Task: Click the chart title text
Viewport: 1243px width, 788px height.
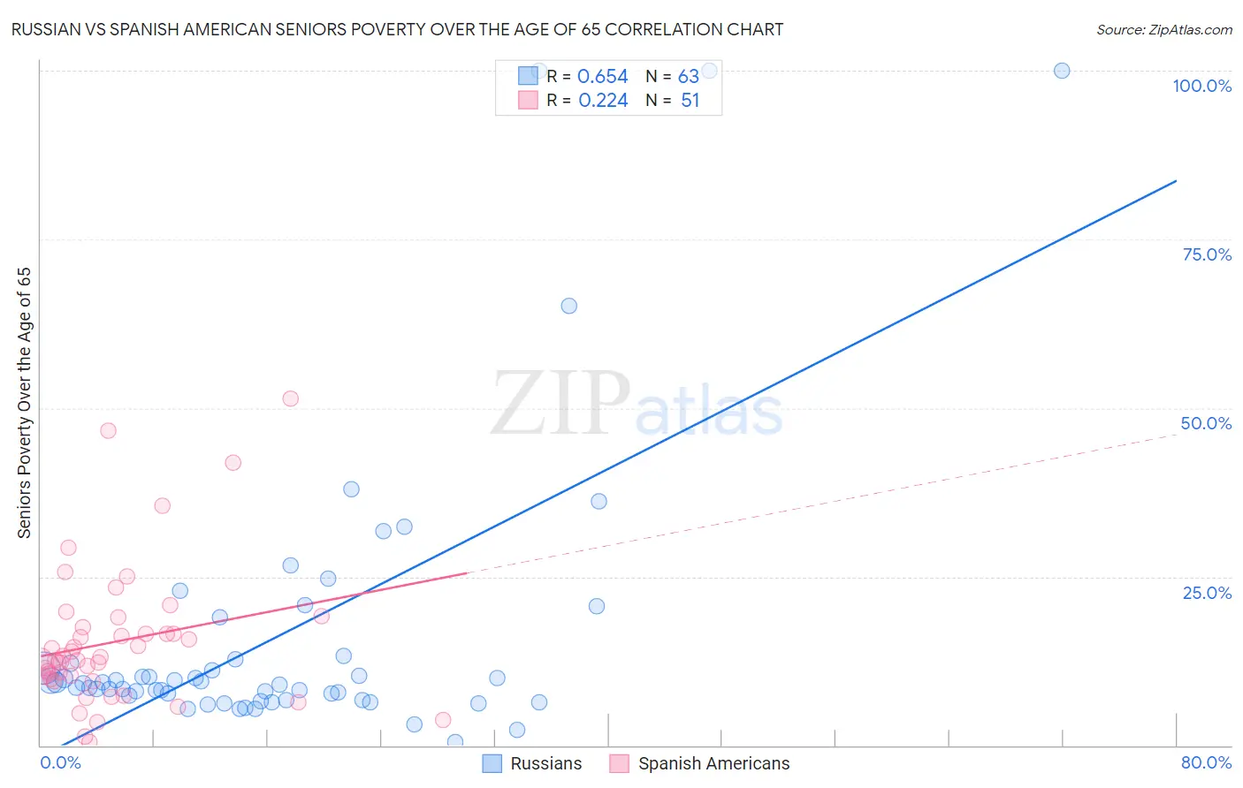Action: pyautogui.click(x=397, y=29)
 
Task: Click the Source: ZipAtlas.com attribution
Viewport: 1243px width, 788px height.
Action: pyautogui.click(x=1163, y=29)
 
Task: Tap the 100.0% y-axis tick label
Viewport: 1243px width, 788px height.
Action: pyautogui.click(x=1201, y=86)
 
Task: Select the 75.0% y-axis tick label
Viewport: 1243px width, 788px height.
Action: pyautogui.click(x=1207, y=254)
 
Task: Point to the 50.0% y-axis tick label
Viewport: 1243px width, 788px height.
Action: pyautogui.click(x=1206, y=423)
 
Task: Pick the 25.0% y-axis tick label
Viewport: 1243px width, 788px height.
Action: pyautogui.click(x=1207, y=593)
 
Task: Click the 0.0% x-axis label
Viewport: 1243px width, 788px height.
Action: pyautogui.click(x=61, y=762)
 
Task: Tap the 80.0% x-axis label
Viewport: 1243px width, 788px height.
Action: pyautogui.click(x=1206, y=762)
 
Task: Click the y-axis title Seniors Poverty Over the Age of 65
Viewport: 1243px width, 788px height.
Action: pyautogui.click(x=25, y=403)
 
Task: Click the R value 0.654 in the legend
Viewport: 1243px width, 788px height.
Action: pyautogui.click(x=602, y=77)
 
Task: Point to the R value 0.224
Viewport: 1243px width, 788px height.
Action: pyautogui.click(x=603, y=101)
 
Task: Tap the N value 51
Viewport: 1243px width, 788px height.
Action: pyautogui.click(x=690, y=101)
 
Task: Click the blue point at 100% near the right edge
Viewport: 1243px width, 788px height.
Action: pyautogui.click(x=1062, y=71)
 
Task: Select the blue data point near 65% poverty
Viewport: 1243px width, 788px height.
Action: pyautogui.click(x=569, y=306)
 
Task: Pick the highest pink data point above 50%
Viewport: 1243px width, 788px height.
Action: pyautogui.click(x=290, y=398)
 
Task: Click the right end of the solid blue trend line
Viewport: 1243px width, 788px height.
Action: pyautogui.click(x=1176, y=181)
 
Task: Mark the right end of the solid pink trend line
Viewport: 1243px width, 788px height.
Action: pyautogui.click(x=466, y=573)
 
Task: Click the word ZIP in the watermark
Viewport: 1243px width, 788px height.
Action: pyautogui.click(x=560, y=404)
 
